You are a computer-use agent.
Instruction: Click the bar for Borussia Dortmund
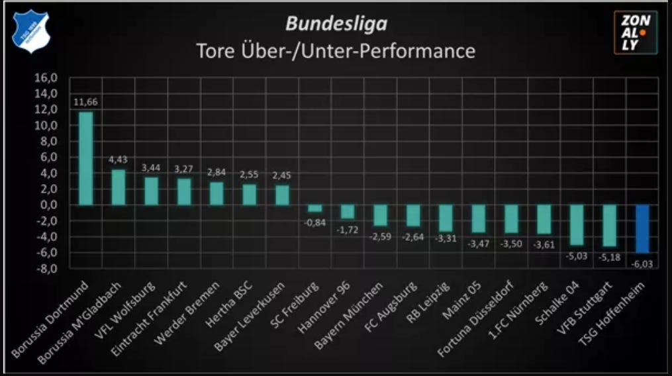[x=85, y=159]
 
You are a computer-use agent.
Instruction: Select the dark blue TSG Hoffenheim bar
[x=643, y=229]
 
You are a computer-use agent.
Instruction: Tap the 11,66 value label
[x=85, y=102]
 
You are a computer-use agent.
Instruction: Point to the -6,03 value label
[x=643, y=263]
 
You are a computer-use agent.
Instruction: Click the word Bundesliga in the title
[x=336, y=24]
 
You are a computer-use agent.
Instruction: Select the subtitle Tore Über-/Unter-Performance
[x=336, y=51]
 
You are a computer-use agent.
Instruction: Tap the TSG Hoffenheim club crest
[x=30, y=32]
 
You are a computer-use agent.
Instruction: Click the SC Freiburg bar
[x=315, y=209]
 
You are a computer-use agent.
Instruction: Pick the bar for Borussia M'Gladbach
[x=119, y=187]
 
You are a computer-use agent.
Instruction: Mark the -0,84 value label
[x=315, y=222]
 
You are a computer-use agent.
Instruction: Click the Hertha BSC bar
[x=249, y=195]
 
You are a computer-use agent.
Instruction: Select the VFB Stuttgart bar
[x=610, y=226]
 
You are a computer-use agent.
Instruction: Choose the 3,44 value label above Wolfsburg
[x=151, y=167]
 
